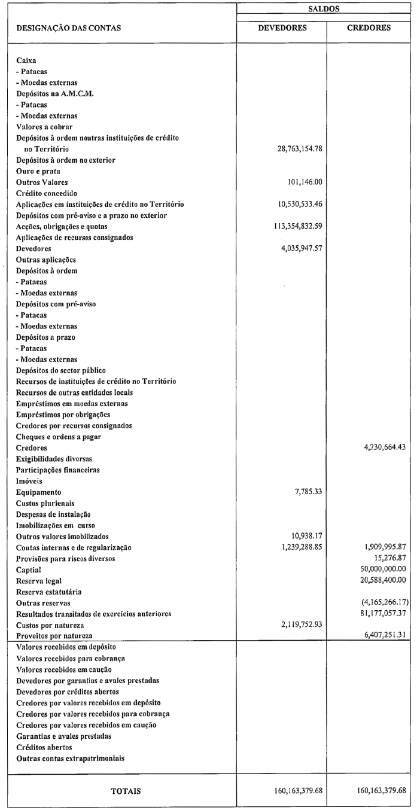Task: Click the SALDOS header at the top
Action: pos(324,8)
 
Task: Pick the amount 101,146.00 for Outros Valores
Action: pos(306,182)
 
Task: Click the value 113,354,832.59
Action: pos(293,226)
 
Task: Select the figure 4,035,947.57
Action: pos(297,248)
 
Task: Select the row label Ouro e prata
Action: pos(41,171)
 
